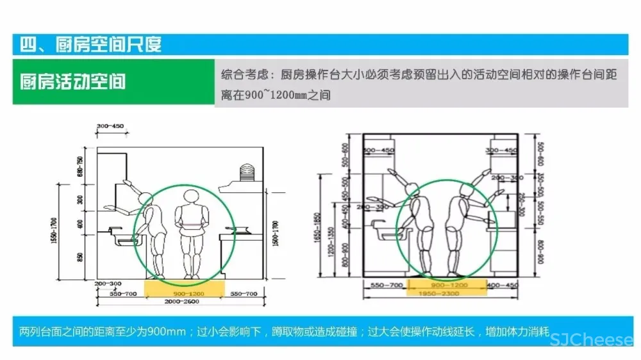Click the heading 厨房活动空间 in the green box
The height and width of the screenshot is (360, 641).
point(72,83)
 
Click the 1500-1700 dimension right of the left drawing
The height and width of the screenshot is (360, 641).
point(275,234)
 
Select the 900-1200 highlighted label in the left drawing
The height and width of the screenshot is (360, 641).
point(185,293)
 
